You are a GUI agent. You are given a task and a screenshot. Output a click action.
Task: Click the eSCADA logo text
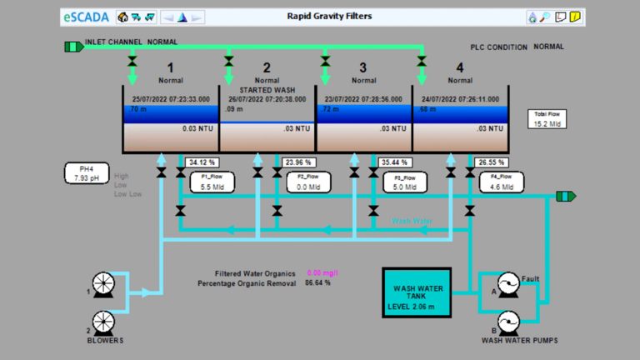pyautogui.click(x=87, y=16)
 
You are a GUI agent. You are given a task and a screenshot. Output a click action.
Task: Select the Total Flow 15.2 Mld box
pyautogui.click(x=547, y=119)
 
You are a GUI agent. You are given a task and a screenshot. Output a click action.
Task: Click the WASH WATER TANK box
pyautogui.click(x=416, y=292)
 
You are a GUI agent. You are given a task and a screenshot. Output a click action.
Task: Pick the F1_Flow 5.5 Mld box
pyautogui.click(x=209, y=182)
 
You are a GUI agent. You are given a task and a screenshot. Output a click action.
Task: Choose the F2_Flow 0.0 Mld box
pyautogui.click(x=305, y=182)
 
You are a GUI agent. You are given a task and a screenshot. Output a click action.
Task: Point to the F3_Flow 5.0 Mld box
pyautogui.click(x=402, y=182)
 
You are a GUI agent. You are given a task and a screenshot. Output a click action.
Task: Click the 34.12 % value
pyautogui.click(x=202, y=162)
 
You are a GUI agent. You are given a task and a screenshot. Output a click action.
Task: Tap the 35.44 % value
pyautogui.click(x=395, y=162)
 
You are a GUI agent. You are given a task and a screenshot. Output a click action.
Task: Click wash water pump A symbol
pyautogui.click(x=507, y=285)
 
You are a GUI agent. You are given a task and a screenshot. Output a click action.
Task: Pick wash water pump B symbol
pyautogui.click(x=507, y=322)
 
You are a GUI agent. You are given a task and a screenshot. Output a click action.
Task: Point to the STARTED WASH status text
pyautogui.click(x=267, y=89)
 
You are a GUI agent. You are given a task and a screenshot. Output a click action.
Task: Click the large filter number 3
pyautogui.click(x=363, y=68)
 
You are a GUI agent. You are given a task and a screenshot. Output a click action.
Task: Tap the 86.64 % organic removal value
pyautogui.click(x=317, y=282)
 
